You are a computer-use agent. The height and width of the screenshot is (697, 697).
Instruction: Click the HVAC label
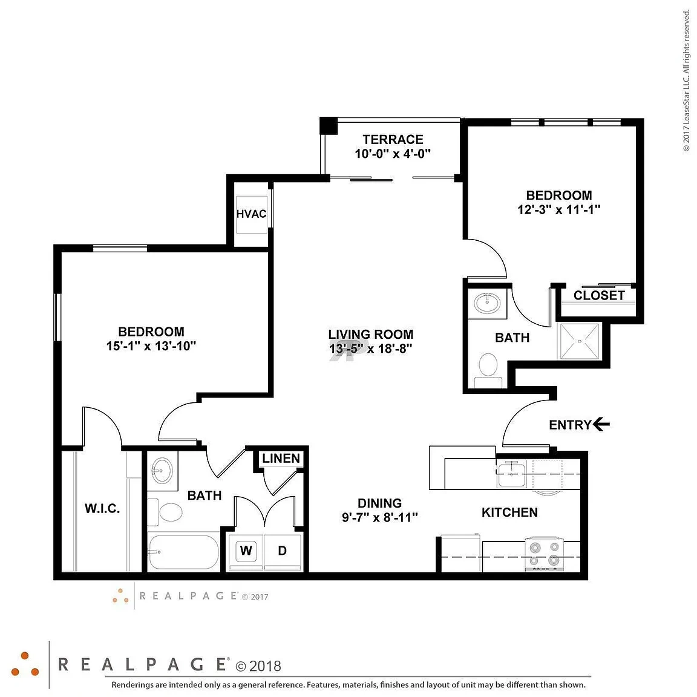pos(251,214)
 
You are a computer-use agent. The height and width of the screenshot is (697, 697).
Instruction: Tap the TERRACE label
pos(393,140)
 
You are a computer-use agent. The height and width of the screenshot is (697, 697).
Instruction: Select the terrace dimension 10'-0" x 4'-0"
pos(393,154)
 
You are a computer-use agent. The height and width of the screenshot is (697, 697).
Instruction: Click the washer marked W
pos(246,551)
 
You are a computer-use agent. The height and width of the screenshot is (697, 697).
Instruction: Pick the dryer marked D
pos(283,551)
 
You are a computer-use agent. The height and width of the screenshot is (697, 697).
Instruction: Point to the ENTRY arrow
pos(601,425)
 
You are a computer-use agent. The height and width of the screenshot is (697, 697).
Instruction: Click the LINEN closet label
pos(281,458)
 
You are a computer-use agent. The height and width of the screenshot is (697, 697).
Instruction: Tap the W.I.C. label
pos(102,508)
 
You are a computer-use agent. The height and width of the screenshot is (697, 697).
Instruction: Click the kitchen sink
pos(512,474)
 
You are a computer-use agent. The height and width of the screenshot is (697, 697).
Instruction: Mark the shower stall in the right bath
pos(580,341)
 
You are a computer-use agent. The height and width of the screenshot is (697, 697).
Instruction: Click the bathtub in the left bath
pos(183,552)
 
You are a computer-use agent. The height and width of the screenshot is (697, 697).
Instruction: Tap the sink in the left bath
pos(162,471)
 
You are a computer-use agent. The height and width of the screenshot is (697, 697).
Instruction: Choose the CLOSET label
pos(599,296)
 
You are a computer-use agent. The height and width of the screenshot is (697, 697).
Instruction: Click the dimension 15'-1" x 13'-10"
pos(151,346)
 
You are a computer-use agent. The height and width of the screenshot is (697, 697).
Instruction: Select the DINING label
pos(379,503)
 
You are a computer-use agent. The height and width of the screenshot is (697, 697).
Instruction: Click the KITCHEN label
pos(509,512)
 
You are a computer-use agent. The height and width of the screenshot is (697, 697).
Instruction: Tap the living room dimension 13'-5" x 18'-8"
pos(371,348)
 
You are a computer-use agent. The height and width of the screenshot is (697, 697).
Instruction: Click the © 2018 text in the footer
pos(258,666)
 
